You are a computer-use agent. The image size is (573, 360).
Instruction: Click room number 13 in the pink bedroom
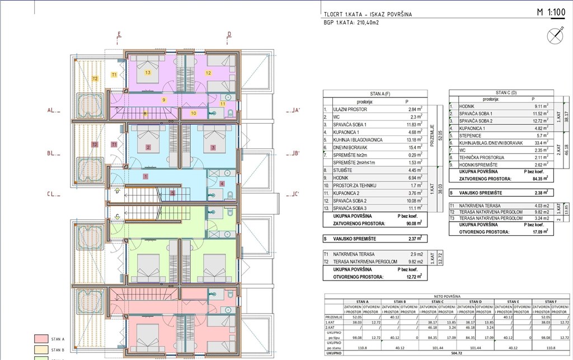pyautogui.click(x=148, y=73)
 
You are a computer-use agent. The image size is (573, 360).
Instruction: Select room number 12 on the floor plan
pyautogui.click(x=208, y=73)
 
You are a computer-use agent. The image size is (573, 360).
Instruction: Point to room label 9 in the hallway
pyautogui.click(x=164, y=100)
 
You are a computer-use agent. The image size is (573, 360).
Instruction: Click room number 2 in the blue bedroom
pyautogui.click(x=148, y=148)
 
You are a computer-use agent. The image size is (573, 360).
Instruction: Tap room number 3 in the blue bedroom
pyautogui.click(x=213, y=148)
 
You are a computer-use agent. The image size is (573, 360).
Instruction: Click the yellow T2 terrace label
pyautogui.click(x=95, y=79)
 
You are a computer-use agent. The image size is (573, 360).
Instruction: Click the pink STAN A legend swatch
pyautogui.click(x=40, y=339)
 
